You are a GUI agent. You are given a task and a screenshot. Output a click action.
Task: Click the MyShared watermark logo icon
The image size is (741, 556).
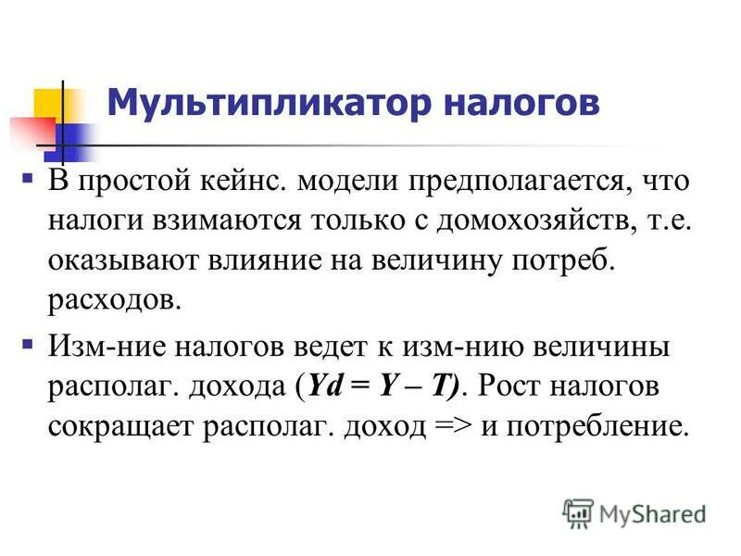pyautogui.click(x=578, y=511)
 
